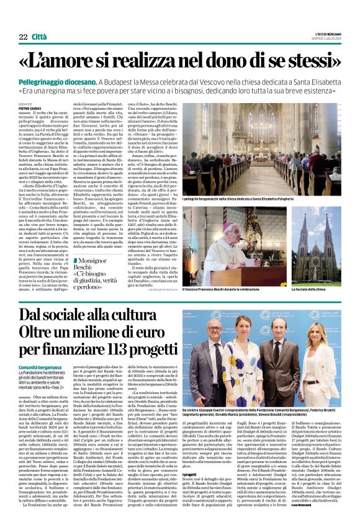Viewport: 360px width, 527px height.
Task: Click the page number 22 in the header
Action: point(23,37)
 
